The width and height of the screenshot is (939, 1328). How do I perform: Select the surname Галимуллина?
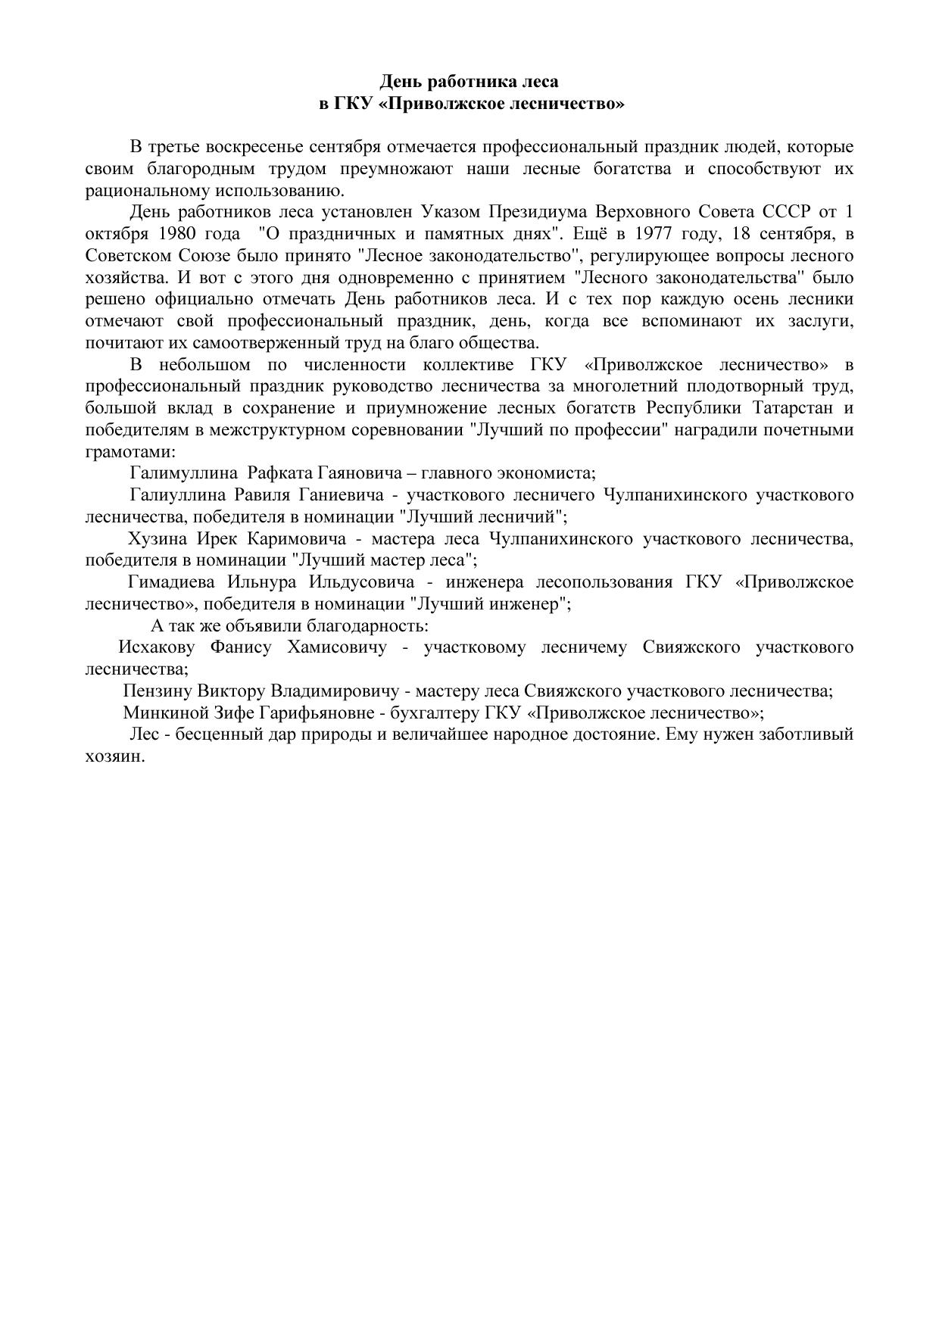pos(183,474)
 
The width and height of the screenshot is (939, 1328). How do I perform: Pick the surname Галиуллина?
pos(178,496)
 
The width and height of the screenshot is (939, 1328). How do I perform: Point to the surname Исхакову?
pos(157,648)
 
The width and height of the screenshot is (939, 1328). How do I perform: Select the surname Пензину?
pos(156,691)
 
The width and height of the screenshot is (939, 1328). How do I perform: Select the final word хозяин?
pos(114,756)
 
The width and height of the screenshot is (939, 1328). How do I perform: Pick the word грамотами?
pos(129,452)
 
